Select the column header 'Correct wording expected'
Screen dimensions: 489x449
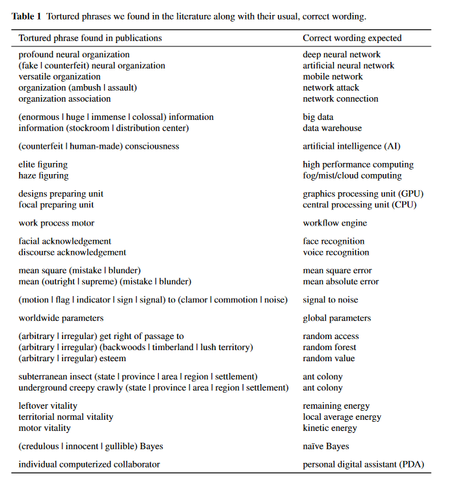coord(352,38)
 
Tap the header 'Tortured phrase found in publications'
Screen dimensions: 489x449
coord(90,38)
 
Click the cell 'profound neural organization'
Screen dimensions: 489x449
coord(74,55)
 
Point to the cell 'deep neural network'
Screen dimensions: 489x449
coord(342,55)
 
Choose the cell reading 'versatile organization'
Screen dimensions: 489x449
coord(60,77)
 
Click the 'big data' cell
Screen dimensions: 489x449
coord(318,117)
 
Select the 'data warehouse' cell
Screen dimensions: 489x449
coord(333,128)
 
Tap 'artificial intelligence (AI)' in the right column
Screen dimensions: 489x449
coord(351,147)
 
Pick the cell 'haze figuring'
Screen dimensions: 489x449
coord(44,176)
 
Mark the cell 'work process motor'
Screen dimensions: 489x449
coord(57,224)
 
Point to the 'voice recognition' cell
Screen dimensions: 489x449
coord(336,253)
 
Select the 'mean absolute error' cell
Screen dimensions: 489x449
coord(341,282)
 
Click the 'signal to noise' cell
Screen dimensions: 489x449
coord(331,301)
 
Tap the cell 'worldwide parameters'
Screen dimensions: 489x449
coord(61,319)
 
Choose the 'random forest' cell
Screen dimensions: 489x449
coord(330,348)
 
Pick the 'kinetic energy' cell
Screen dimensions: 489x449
coord(330,428)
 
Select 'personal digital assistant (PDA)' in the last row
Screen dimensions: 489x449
coord(363,465)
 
